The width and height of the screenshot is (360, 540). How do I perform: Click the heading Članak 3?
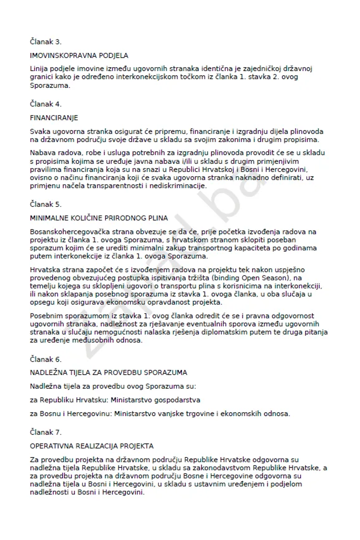(46, 42)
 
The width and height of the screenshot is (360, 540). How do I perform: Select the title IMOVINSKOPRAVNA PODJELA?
(79, 56)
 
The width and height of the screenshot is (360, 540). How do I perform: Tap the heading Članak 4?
(46, 104)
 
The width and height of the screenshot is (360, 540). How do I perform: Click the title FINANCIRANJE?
(54, 118)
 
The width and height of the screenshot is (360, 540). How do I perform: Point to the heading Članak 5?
(46, 204)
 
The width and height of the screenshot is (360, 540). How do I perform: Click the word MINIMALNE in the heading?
(49, 218)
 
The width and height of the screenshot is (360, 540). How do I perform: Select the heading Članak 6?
(46, 359)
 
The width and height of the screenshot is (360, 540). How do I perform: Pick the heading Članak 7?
(46, 432)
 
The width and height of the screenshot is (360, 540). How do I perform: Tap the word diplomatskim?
(224, 332)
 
